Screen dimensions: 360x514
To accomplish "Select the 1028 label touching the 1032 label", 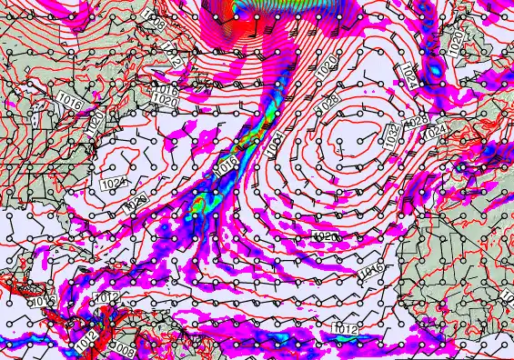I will click(x=417, y=121).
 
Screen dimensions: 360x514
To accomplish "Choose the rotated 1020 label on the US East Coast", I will click(x=95, y=128).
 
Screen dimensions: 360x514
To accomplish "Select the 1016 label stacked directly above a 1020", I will click(x=166, y=91).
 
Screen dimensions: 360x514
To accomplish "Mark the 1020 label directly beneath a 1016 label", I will click(x=165, y=102).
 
